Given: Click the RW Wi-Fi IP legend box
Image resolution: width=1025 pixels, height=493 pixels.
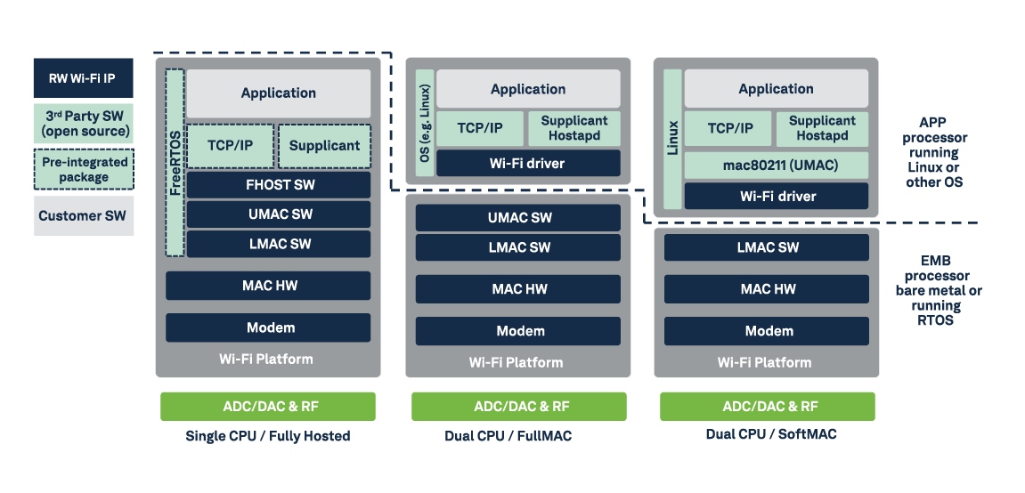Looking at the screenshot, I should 84,78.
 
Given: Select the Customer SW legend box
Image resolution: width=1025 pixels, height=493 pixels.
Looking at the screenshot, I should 84,216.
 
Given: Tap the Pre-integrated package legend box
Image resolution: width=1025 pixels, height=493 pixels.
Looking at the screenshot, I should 84,169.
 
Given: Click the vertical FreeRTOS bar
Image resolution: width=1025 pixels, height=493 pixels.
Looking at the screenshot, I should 175,162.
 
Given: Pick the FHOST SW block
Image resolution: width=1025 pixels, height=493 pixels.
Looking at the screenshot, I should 279,185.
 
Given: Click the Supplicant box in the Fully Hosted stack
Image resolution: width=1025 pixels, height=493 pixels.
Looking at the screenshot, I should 325,146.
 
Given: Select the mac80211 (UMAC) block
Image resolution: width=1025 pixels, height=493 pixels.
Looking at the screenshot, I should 776,165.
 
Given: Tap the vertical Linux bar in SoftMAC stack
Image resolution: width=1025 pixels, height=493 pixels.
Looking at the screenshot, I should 672,139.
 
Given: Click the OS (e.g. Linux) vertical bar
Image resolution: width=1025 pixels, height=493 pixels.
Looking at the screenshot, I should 424,123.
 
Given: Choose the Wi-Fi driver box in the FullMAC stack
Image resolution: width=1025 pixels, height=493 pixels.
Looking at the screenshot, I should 528,163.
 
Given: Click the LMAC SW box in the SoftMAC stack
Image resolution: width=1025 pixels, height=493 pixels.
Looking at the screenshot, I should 768,248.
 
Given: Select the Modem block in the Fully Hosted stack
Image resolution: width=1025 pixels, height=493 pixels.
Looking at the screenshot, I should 269,327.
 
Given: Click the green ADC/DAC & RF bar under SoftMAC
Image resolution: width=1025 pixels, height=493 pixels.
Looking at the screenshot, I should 768,407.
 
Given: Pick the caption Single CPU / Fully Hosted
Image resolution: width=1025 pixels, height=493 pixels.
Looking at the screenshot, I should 268,436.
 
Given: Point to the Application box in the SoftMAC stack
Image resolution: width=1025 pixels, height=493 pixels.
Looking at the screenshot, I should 776,89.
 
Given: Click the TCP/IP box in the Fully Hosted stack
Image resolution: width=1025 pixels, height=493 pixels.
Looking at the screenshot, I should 231,146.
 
